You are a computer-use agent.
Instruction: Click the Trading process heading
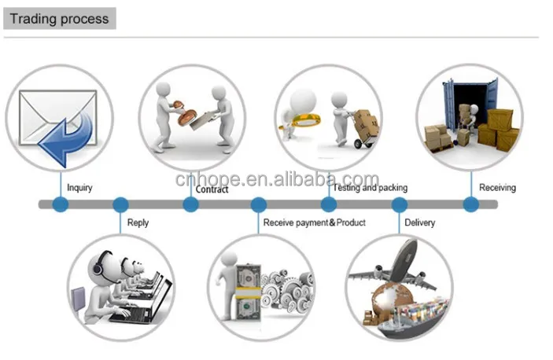tap(59, 18)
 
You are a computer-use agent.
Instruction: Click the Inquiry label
tap(79, 188)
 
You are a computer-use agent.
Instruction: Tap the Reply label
tap(138, 222)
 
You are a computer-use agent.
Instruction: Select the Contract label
tap(212, 189)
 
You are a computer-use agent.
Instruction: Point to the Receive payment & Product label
tap(315, 222)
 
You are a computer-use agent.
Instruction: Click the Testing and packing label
tap(370, 188)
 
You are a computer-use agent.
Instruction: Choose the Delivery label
tap(419, 222)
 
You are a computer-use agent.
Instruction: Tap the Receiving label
tap(497, 188)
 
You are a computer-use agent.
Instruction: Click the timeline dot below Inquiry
tap(61, 204)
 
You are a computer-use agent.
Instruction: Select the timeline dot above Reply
tap(120, 204)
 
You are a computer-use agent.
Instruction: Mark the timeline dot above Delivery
tap(400, 204)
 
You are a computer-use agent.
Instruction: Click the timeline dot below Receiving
tap(470, 204)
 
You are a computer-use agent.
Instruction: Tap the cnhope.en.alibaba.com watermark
tap(277, 180)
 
